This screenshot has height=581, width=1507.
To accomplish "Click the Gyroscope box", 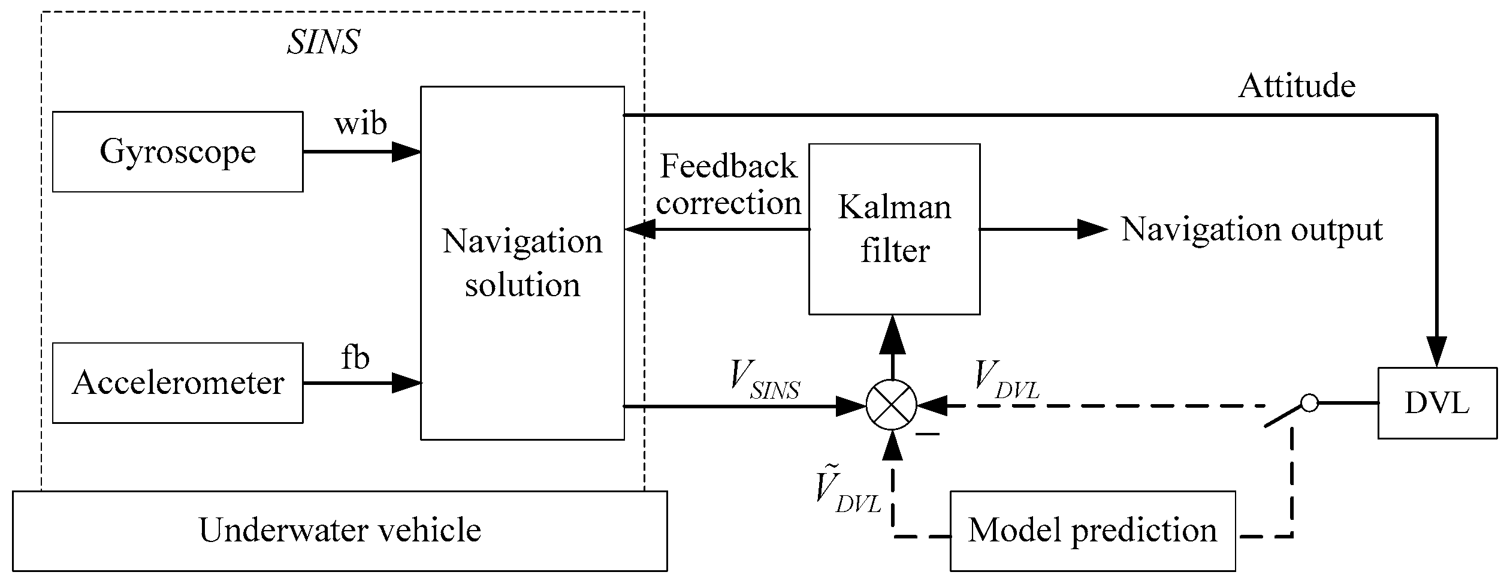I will [177, 152].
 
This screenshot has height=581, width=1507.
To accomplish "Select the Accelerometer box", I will [177, 383].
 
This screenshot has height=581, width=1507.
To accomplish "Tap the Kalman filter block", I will [894, 229].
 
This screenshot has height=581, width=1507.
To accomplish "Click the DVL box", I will [1436, 403].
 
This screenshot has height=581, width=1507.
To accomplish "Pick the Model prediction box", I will [1092, 531].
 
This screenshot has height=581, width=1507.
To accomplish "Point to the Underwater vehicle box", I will [340, 531].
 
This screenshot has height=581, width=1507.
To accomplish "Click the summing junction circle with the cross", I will [892, 405].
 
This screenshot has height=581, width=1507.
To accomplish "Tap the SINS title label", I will [324, 43].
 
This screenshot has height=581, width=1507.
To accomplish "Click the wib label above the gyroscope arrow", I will [360, 124].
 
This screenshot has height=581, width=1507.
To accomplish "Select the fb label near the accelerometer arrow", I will [355, 358].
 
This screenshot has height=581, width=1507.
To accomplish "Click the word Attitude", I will [1297, 86].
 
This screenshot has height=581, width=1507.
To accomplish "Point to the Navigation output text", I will [1252, 230].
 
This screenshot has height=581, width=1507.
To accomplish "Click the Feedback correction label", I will [728, 185].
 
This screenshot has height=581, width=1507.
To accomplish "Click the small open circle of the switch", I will [1309, 403].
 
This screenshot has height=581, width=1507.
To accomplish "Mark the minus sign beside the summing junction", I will [928, 434].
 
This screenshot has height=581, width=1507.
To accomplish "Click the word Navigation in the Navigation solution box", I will [522, 242].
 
